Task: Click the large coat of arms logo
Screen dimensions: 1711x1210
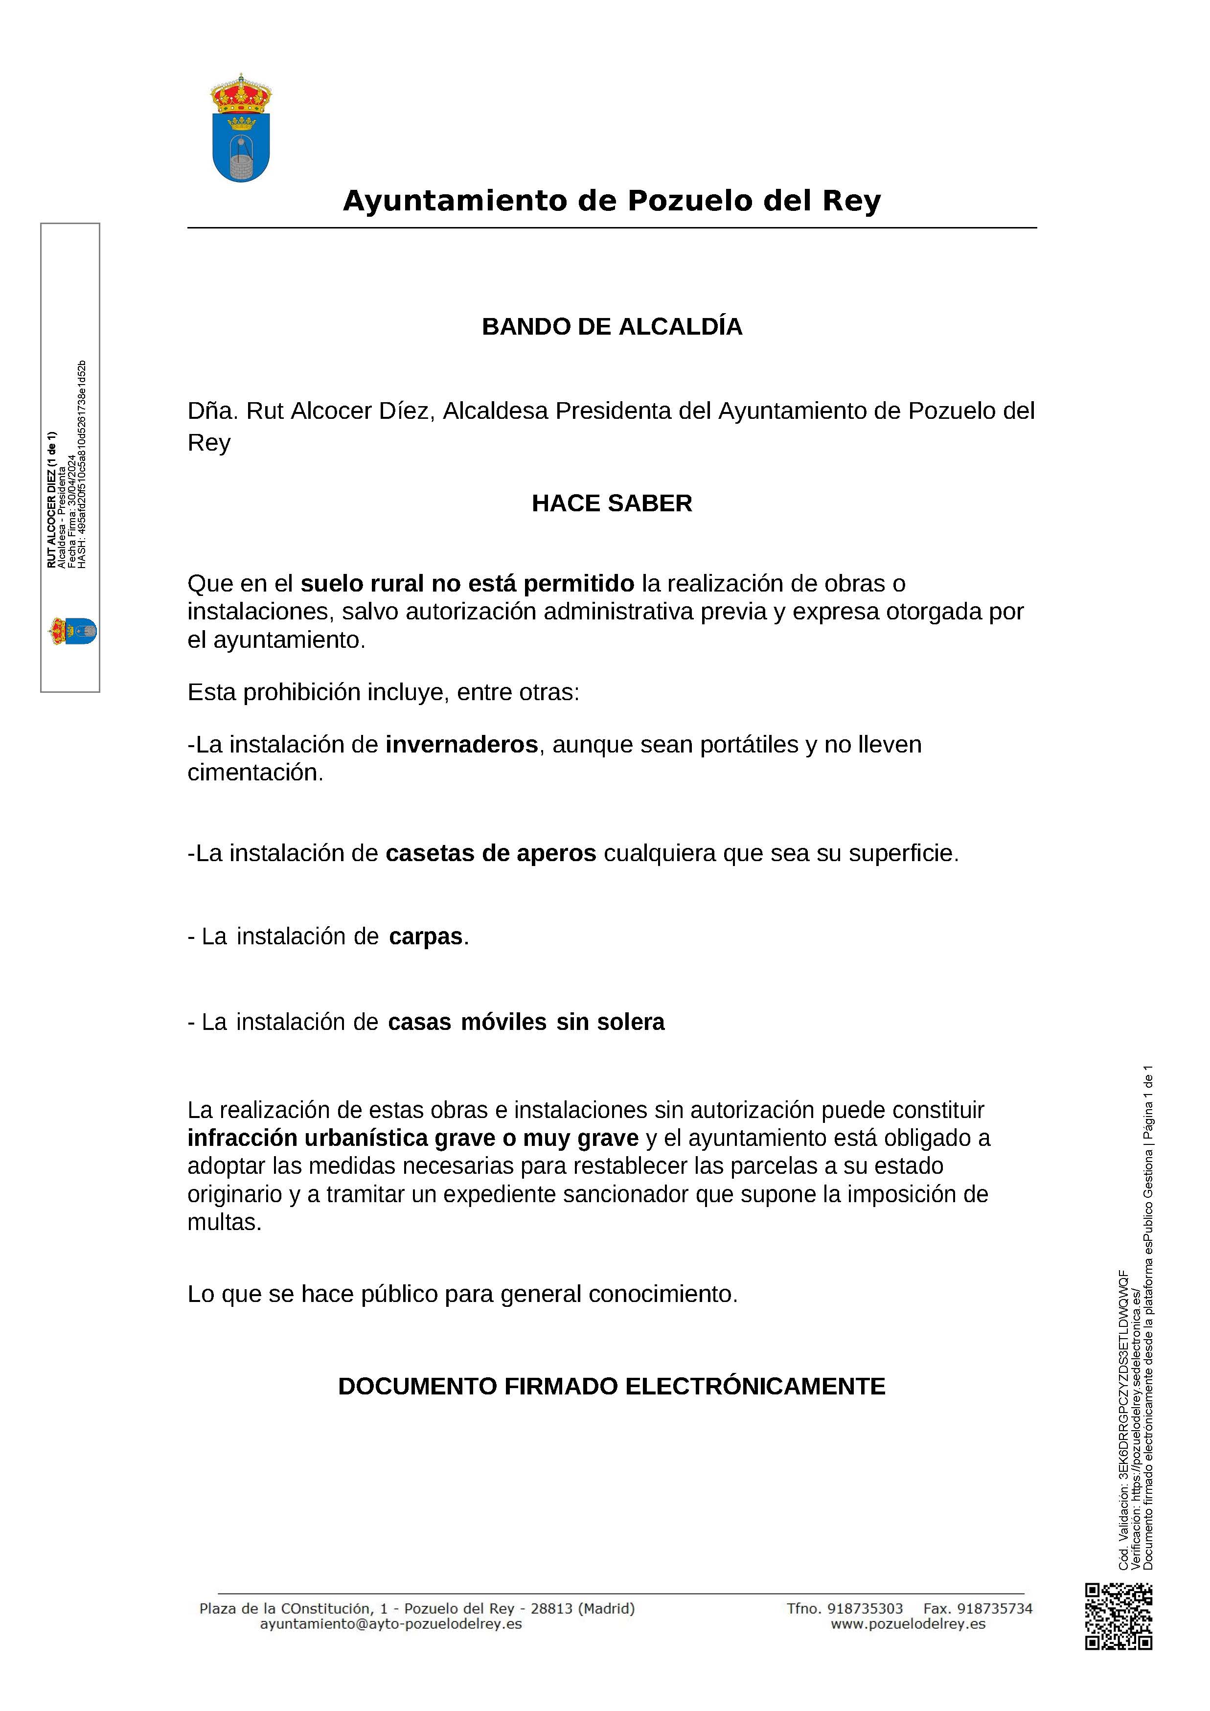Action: (x=241, y=128)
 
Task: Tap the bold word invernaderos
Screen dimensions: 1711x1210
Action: (x=461, y=745)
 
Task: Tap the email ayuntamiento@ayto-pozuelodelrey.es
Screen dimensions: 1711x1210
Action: (x=390, y=1624)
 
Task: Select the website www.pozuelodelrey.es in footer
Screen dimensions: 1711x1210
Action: (x=908, y=1624)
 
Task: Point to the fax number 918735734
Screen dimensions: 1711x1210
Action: (x=994, y=1608)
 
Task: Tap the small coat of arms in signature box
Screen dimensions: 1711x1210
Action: (x=72, y=631)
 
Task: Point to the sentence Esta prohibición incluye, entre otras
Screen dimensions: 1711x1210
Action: (x=383, y=692)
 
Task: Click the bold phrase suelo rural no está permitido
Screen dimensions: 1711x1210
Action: (x=467, y=584)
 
